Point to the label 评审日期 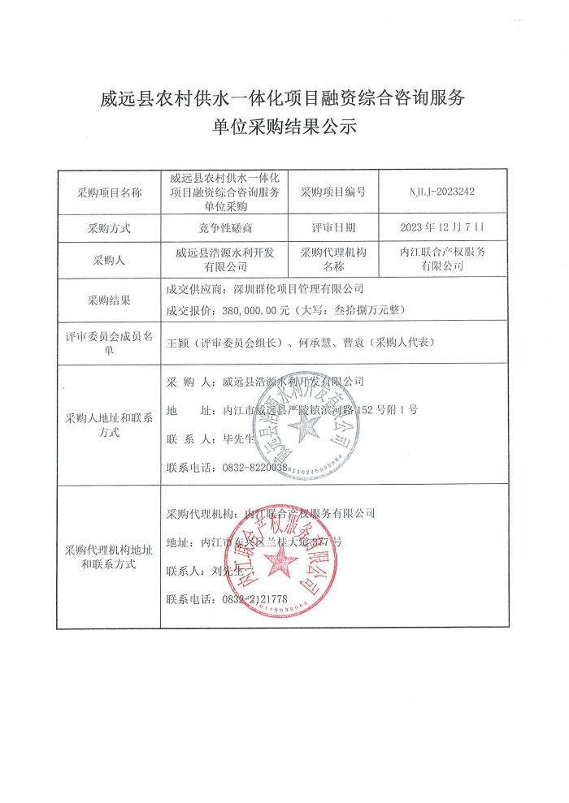click(333, 227)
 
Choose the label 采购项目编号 click(333, 192)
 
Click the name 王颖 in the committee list click(176, 343)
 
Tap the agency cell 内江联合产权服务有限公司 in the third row click(449, 258)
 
